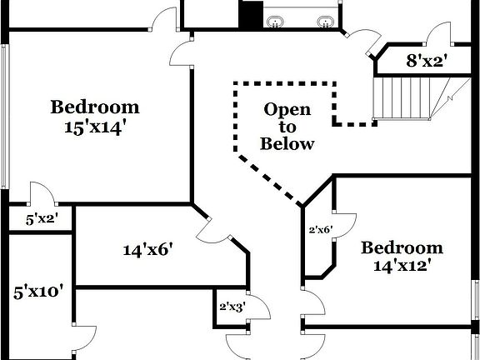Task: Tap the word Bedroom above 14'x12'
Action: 402,247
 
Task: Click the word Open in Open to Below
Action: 287,109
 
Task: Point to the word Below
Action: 287,143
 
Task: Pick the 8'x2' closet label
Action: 427,60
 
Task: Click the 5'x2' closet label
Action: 40,221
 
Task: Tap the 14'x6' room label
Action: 147,249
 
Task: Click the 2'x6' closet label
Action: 321,229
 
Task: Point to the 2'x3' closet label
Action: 231,305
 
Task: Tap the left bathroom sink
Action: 276,21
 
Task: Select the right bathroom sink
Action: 326,21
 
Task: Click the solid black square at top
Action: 251,15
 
